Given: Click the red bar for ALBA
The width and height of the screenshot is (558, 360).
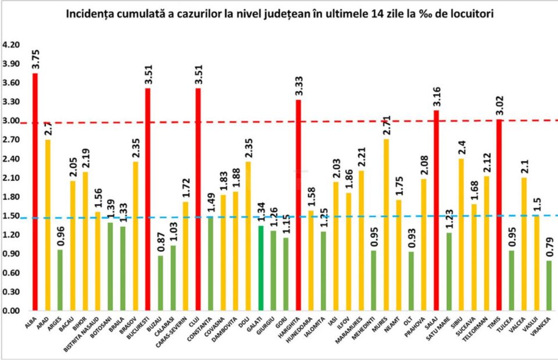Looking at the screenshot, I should tap(35, 192).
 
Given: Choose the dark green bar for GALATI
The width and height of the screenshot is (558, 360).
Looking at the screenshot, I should tap(260, 268).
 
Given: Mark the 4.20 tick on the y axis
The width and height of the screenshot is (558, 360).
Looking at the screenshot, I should tap(12, 45).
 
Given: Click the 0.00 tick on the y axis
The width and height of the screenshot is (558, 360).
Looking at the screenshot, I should tap(12, 311).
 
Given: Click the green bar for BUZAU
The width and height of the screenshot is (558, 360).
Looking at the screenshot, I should tap(160, 283).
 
